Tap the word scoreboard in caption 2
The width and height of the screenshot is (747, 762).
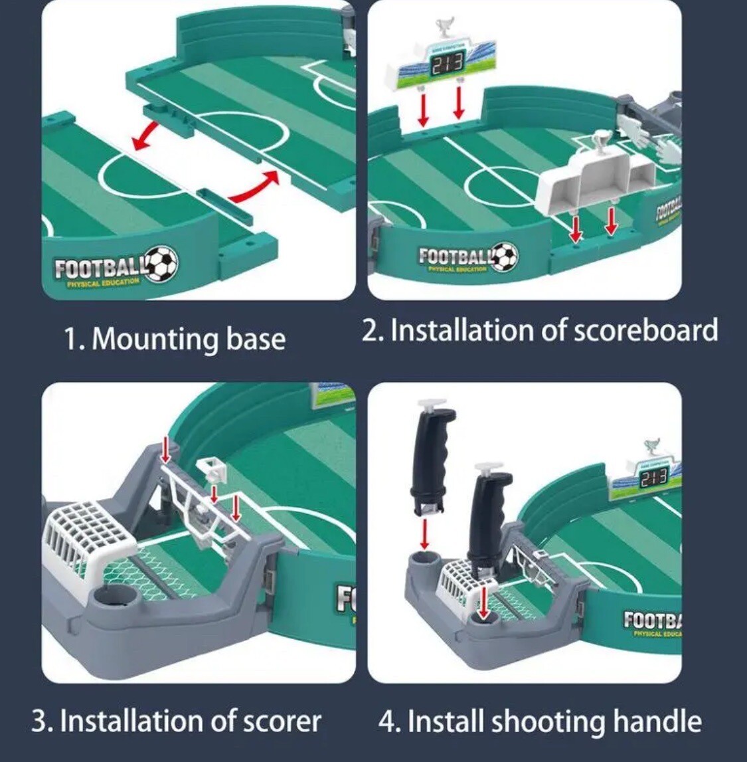click(x=645, y=330)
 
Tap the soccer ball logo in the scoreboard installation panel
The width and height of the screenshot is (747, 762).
click(x=505, y=255)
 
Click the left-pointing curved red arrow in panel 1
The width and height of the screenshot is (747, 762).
click(x=145, y=134)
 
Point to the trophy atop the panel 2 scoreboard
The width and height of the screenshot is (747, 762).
click(x=442, y=29)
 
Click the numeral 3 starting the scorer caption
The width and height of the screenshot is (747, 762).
click(x=41, y=721)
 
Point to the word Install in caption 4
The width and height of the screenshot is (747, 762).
click(x=439, y=721)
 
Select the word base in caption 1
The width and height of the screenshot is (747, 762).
click(x=256, y=339)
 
